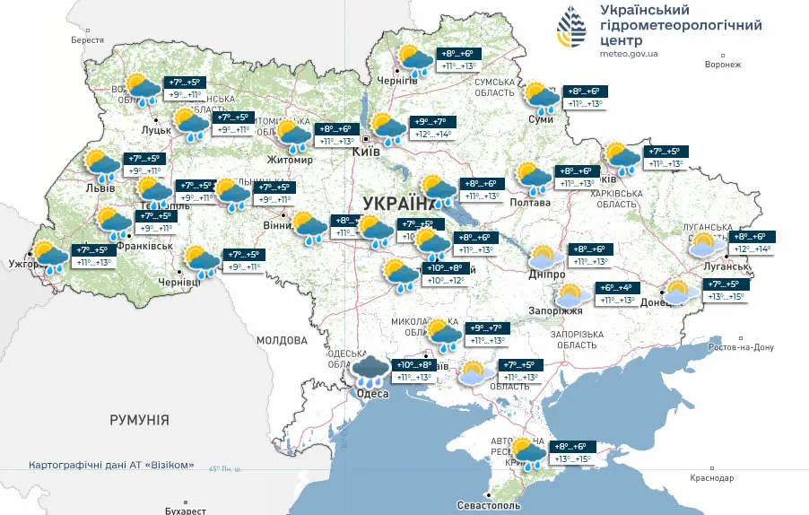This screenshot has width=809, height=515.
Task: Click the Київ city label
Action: pos(365,153)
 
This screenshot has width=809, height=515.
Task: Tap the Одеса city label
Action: pos(372,394)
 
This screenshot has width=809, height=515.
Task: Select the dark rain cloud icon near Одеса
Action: pos(369,371)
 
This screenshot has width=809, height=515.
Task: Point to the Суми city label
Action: pos(541,119)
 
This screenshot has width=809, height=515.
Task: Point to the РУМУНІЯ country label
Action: pos(139,420)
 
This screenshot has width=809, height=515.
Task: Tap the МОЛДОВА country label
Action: pos(282,341)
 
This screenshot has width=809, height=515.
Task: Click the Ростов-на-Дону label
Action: pos(741,347)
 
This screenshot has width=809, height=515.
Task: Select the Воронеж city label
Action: pos(723,65)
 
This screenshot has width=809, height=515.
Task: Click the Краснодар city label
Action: pos(713,478)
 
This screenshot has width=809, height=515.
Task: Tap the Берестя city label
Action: pos(88,40)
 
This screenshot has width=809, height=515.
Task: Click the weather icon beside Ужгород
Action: pos(50,256)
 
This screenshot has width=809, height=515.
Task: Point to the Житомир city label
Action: pos(290,161)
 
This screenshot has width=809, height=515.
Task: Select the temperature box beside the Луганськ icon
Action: pos(752,242)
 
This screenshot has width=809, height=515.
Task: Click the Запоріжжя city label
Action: pos(561,311)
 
